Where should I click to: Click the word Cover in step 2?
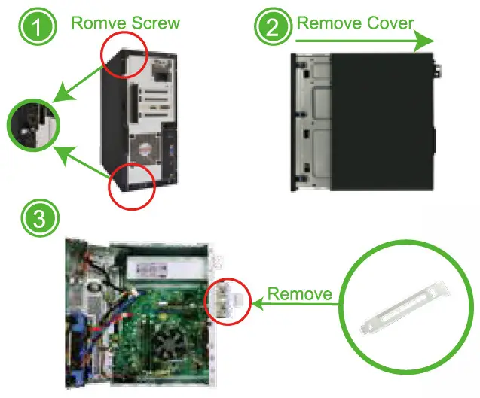385,22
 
